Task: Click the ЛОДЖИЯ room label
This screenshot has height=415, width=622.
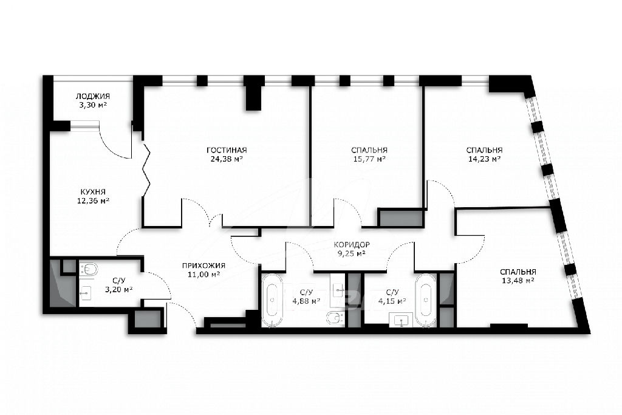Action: coord(93,96)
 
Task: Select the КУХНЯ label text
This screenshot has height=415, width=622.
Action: coord(92,191)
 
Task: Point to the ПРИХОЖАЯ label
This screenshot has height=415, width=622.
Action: coord(203,266)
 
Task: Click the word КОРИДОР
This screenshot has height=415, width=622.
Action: coord(352,245)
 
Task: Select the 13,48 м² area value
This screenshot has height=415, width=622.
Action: coord(518,281)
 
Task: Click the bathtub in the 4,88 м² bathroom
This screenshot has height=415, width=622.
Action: coord(272,300)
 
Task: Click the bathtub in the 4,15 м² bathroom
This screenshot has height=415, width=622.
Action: coord(426,300)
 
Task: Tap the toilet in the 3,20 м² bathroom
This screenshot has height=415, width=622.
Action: coord(89,269)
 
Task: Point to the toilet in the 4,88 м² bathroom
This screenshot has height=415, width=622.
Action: coord(336,318)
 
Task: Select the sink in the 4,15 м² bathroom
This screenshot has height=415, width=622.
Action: coord(401,320)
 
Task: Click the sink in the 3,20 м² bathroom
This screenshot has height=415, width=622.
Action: coord(85,293)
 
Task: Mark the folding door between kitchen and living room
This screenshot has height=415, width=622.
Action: coord(146,171)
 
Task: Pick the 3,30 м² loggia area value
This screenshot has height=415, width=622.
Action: coord(93,105)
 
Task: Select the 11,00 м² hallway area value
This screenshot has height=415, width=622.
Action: coord(203,275)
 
